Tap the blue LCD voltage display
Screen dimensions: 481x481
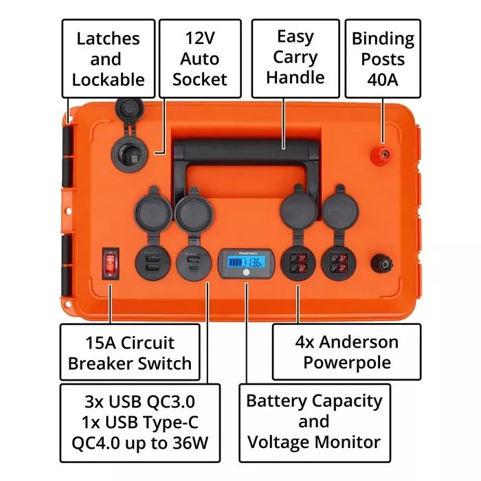coord(244,263)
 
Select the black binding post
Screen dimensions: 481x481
coord(379,263)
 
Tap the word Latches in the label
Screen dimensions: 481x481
coord(108,38)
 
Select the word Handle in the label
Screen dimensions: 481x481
coord(295,77)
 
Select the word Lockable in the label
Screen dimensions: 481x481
coord(108,79)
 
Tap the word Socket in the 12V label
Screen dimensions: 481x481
coord(199,79)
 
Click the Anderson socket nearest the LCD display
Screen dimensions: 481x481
coord(298,262)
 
